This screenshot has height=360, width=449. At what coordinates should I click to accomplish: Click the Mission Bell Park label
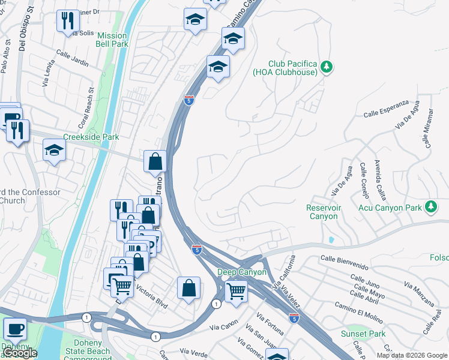coord(112,40)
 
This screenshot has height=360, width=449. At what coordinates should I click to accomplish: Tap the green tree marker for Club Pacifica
coord(327,67)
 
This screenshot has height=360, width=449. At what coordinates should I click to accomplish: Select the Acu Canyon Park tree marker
coord(430,207)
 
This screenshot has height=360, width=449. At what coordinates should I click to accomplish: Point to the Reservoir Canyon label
coord(323,212)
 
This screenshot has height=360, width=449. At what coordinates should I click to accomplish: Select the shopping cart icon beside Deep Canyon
coord(236,292)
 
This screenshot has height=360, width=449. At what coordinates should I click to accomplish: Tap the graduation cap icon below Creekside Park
coord(54,151)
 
